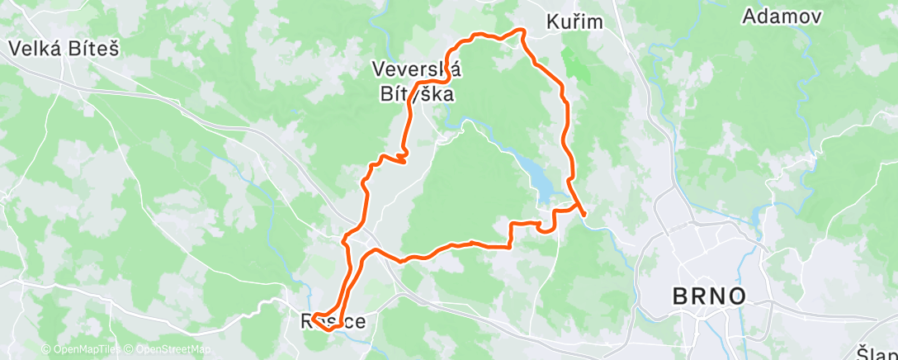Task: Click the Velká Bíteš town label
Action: point(64,49)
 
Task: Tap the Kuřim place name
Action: point(574,22)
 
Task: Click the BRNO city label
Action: point(710,296)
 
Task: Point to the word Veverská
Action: point(417,69)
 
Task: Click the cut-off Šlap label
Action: point(877,351)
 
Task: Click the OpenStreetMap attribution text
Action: point(168,350)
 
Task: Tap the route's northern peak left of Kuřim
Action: point(520,31)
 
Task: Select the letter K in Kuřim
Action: point(553,22)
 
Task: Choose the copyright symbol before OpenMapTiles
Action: point(46,350)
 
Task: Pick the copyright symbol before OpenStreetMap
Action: point(130,350)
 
